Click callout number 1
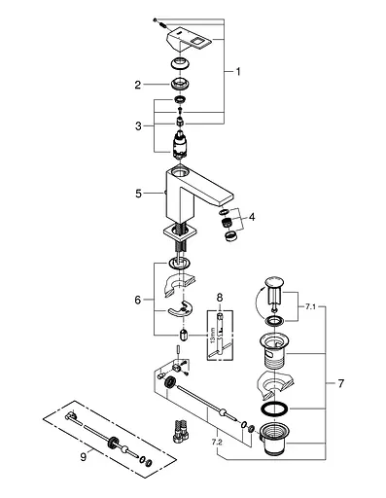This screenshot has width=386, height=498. pos(238,72)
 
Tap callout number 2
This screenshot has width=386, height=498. pos(138,85)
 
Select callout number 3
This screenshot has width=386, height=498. pos(138,125)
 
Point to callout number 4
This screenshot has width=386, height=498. pos(252,217)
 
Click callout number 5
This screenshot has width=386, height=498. pos(138,194)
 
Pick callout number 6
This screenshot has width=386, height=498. pos(138,300)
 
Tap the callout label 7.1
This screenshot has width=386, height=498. pos(310,307)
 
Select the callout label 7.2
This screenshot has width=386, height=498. pos(217,442)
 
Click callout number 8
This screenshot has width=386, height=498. pos(220,297)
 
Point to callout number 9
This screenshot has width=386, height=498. pos(84,457)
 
